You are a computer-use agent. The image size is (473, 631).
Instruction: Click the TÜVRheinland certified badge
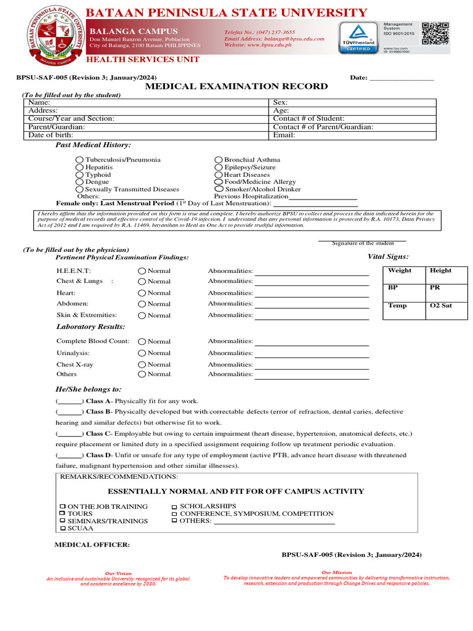point(358,37)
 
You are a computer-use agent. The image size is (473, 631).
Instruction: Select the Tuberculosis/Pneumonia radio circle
point(79,160)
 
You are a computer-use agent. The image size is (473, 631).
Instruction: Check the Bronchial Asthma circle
point(219,160)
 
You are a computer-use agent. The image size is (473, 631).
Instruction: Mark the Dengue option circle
point(79,182)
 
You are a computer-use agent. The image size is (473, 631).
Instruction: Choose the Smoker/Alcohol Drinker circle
point(219,189)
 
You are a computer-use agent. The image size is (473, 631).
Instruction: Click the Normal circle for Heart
point(142,293)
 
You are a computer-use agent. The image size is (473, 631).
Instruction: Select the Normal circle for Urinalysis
point(142,353)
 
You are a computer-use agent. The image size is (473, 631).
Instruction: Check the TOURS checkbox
point(62,513)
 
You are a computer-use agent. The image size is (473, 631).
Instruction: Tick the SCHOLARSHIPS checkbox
point(174,507)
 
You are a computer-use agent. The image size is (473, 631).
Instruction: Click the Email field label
point(284,135)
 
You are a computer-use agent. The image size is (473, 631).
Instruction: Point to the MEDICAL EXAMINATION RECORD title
point(236,87)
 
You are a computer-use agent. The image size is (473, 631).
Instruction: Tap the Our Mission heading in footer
point(337,572)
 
